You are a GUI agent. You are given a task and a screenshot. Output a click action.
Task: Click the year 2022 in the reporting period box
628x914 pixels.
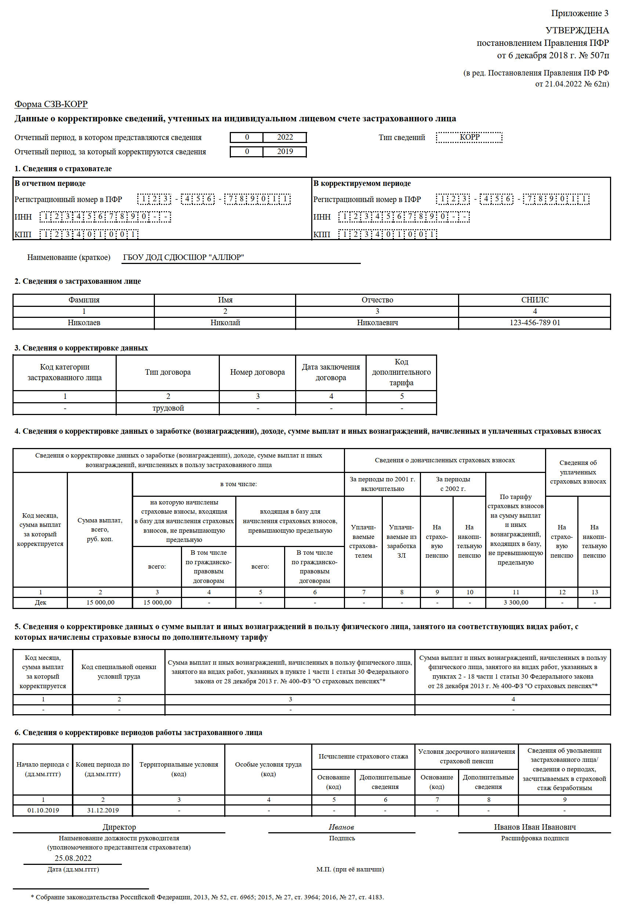(x=285, y=137)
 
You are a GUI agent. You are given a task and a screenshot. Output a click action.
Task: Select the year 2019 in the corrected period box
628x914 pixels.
(x=285, y=152)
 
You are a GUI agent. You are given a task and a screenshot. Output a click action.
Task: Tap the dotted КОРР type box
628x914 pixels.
(x=469, y=137)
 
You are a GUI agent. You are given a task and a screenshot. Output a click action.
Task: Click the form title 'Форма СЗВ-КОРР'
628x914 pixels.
(x=51, y=104)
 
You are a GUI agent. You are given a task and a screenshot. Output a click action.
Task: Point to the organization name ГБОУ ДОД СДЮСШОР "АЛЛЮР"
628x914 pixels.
(x=184, y=258)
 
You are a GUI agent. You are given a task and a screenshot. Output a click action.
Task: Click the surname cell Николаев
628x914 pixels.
(x=84, y=323)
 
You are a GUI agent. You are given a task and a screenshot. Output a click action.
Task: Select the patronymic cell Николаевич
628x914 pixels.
(x=377, y=323)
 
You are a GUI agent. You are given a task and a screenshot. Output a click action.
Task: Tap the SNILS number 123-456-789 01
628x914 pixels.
(x=534, y=323)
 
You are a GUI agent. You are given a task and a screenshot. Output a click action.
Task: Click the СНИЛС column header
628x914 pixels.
(x=534, y=300)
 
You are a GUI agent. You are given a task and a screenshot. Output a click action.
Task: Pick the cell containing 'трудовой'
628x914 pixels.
(x=168, y=408)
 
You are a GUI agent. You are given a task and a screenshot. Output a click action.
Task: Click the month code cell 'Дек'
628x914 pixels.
(x=40, y=602)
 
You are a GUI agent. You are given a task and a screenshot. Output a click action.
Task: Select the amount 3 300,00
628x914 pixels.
(x=516, y=602)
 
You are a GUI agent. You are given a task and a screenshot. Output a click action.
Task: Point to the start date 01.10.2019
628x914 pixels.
(x=43, y=810)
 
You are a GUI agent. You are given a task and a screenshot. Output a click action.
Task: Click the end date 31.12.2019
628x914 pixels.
(x=103, y=810)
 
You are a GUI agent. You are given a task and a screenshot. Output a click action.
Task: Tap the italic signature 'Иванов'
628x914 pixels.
(x=341, y=827)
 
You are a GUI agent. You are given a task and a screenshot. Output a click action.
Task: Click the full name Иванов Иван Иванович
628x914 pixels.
(x=535, y=827)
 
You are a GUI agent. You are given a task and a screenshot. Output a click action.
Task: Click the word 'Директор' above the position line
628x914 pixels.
(x=119, y=827)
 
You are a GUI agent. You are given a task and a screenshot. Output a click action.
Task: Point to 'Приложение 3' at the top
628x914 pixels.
(x=580, y=13)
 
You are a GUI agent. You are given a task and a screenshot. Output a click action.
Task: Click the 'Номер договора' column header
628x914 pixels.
(x=258, y=372)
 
